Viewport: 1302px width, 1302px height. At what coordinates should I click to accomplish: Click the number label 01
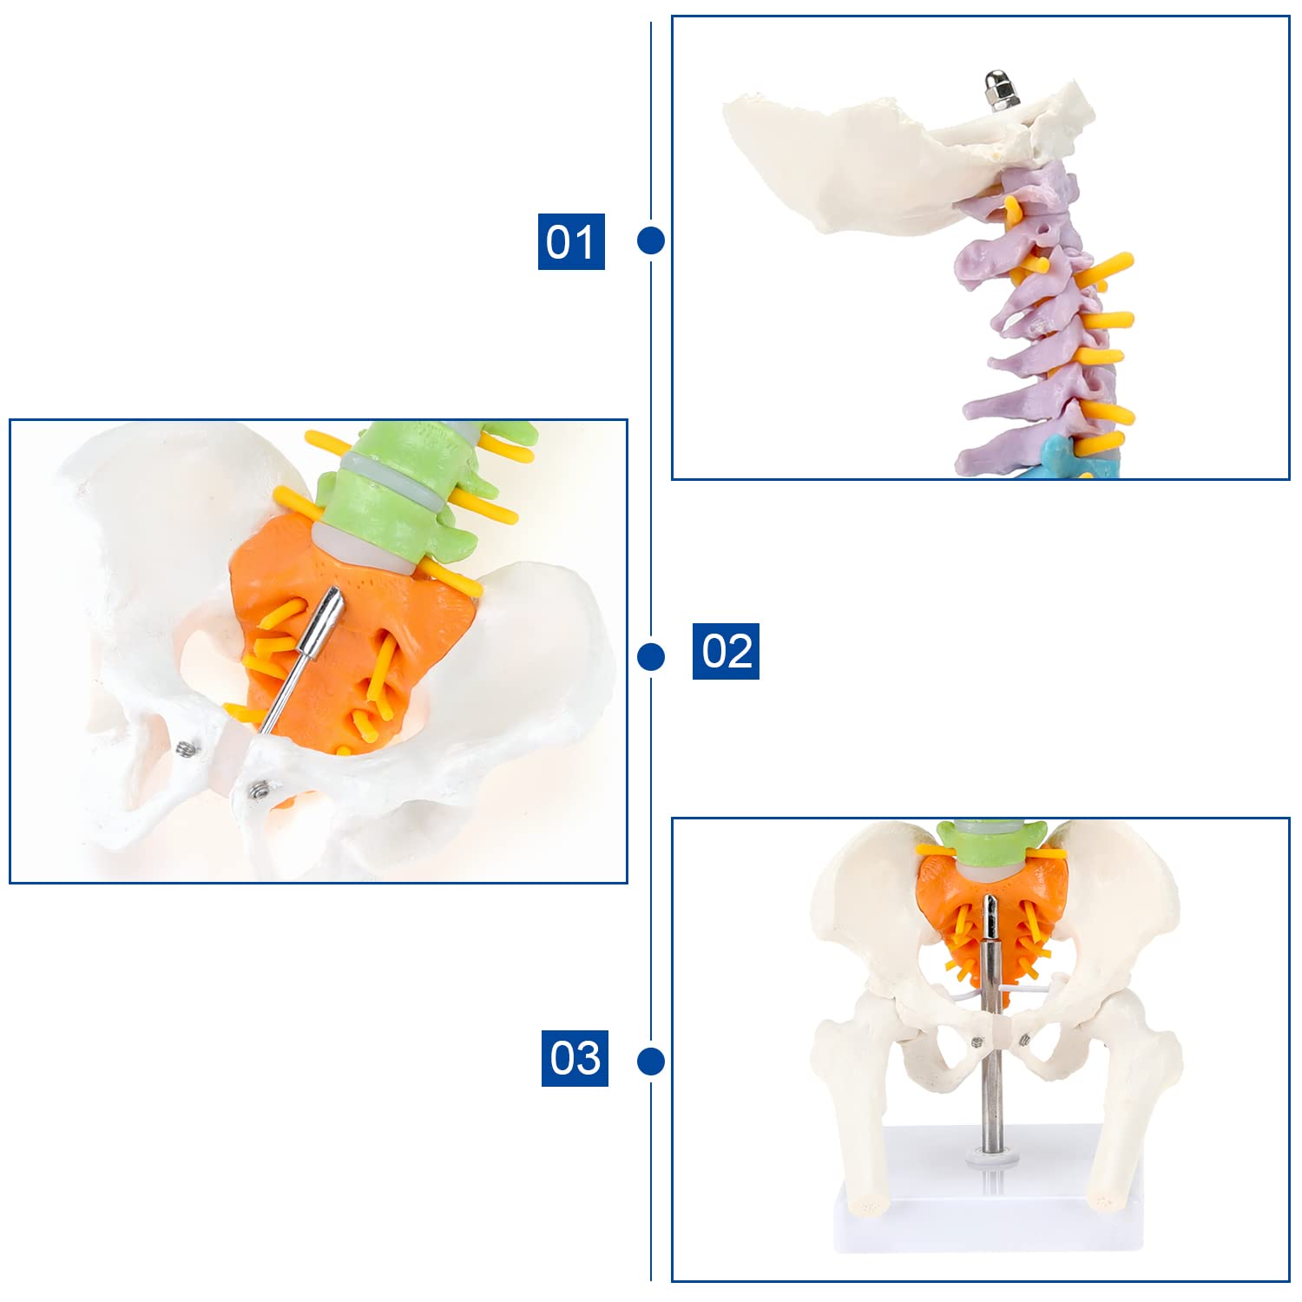point(571,241)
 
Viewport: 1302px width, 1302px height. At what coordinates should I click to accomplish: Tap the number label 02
point(726,651)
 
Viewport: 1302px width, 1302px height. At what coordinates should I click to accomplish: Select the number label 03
point(575,1058)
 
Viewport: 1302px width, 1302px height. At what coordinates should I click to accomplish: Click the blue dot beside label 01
point(651,240)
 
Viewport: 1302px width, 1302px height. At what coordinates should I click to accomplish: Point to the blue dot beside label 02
point(651,656)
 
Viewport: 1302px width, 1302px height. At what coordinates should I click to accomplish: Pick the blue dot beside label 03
point(651,1061)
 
